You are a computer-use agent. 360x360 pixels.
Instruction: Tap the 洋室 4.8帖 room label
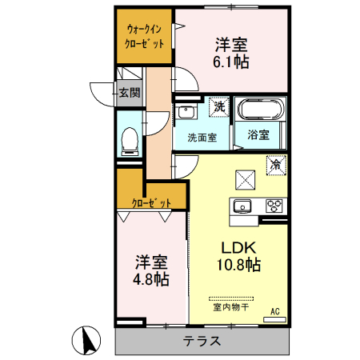(150, 270)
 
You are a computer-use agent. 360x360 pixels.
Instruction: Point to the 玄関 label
(129, 93)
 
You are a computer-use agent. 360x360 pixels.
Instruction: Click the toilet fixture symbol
(128, 141)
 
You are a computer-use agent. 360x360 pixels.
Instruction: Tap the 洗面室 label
(202, 137)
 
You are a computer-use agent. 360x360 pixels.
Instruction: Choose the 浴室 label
(257, 136)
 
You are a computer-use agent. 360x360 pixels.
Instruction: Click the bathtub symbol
(258, 110)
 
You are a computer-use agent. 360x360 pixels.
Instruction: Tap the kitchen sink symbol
(242, 206)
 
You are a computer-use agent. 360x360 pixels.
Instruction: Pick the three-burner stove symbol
(274, 206)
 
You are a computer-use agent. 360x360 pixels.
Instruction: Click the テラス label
(202, 341)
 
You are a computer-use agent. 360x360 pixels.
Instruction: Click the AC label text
(274, 311)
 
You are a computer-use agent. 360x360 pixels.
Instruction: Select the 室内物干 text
(230, 306)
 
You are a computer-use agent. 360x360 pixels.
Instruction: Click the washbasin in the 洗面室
(186, 111)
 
